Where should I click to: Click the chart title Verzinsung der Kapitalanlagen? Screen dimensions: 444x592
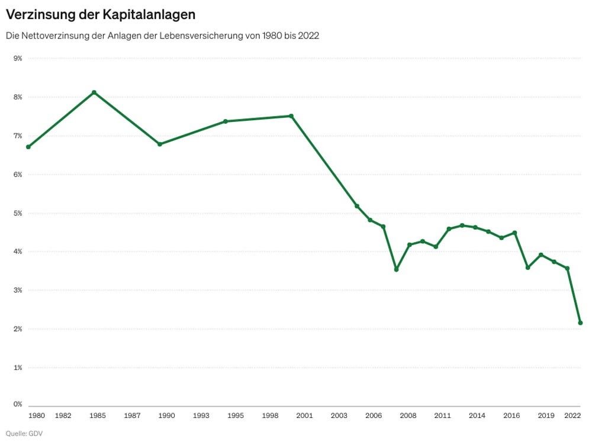click(x=100, y=14)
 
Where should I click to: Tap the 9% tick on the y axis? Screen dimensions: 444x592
click(x=18, y=58)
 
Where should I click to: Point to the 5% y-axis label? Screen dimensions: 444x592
click(x=18, y=213)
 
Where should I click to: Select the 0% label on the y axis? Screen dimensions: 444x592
click(x=18, y=404)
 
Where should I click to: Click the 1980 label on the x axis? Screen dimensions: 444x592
click(x=37, y=416)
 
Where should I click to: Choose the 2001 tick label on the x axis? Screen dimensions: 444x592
click(x=304, y=416)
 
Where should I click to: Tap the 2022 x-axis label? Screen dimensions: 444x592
click(x=572, y=416)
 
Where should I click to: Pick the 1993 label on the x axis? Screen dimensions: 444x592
click(x=201, y=416)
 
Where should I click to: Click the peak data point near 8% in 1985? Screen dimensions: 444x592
click(x=94, y=92)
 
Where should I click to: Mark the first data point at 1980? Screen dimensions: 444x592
click(x=28, y=147)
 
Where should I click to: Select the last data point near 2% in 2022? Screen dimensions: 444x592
click(x=580, y=323)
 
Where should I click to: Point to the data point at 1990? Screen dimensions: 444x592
click(x=160, y=144)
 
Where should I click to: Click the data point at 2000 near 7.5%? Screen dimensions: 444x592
click(x=291, y=116)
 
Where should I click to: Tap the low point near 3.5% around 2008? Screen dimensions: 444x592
click(x=396, y=269)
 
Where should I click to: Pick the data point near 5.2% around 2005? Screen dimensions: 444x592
click(x=357, y=206)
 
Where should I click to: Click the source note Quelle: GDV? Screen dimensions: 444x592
click(x=24, y=433)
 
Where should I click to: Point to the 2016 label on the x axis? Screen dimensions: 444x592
click(x=511, y=416)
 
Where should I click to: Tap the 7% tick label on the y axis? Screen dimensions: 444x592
click(x=18, y=136)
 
